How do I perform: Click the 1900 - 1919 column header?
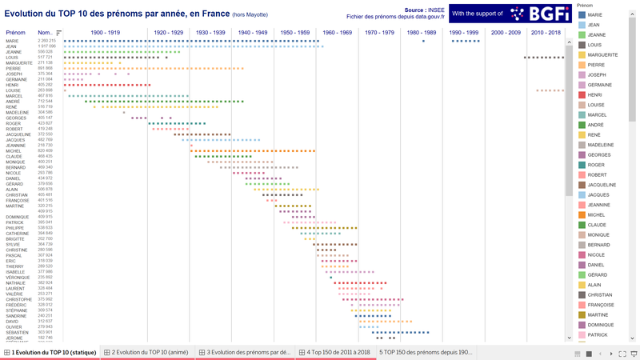pos(106,32)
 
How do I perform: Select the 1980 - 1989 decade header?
pos(422,32)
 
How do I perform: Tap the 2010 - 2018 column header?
pos(546,32)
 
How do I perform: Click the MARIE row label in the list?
pos(12,41)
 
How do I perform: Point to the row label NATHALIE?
pos(16,282)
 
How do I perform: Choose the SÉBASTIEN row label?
pos(17,332)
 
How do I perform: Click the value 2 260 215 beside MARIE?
pos(46,41)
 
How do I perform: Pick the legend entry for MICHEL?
pos(596,215)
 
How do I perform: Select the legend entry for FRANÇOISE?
pos(601,305)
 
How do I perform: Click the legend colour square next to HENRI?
pos(582,95)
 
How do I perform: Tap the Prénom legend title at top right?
pos(585,6)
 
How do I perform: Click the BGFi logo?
pos(528,14)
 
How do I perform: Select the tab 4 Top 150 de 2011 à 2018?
pos(336,352)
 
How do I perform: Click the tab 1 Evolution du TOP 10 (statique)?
pos(50,352)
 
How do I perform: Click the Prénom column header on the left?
pos(16,32)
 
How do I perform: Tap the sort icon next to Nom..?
pos(58,33)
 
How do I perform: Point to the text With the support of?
pos(478,14)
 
